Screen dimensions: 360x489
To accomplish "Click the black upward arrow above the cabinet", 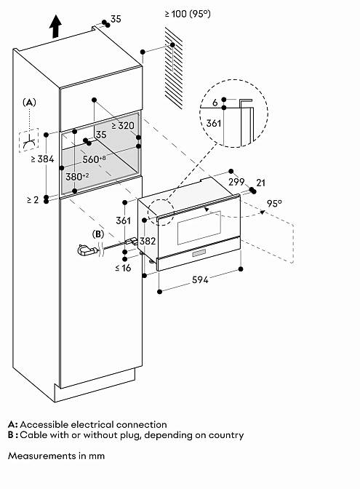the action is tap(55, 26).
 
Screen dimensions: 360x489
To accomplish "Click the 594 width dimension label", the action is tap(200, 279).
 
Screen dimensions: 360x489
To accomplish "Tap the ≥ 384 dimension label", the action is tap(43, 159).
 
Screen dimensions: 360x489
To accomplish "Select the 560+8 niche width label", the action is tap(94, 159).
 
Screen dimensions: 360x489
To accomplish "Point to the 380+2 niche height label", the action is tap(77, 177).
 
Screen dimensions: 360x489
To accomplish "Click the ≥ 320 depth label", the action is tap(123, 126).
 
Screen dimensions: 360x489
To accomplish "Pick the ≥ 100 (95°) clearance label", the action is tap(188, 14).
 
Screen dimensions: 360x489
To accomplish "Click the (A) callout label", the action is tap(29, 103).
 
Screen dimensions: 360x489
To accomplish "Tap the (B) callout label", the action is tap(98, 234).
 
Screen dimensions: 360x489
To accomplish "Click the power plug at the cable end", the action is tap(86, 250).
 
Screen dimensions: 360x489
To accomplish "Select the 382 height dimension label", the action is tap(148, 241).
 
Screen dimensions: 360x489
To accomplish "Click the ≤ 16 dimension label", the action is tap(123, 268).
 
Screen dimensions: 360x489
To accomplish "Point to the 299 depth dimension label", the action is tap(236, 182).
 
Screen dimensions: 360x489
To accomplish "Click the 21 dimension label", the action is tap(260, 183).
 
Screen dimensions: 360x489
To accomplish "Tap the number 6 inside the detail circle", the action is tap(215, 103).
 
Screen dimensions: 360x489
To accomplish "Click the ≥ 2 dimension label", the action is tap(33, 199).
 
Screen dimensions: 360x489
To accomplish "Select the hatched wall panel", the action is tap(174, 68).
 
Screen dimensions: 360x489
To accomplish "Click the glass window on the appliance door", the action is tap(199, 228).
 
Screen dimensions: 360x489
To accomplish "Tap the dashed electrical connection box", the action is tap(28, 140).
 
